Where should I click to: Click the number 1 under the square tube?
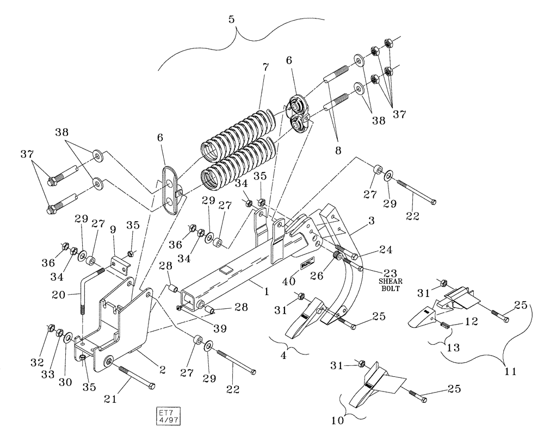tap(267, 292)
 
